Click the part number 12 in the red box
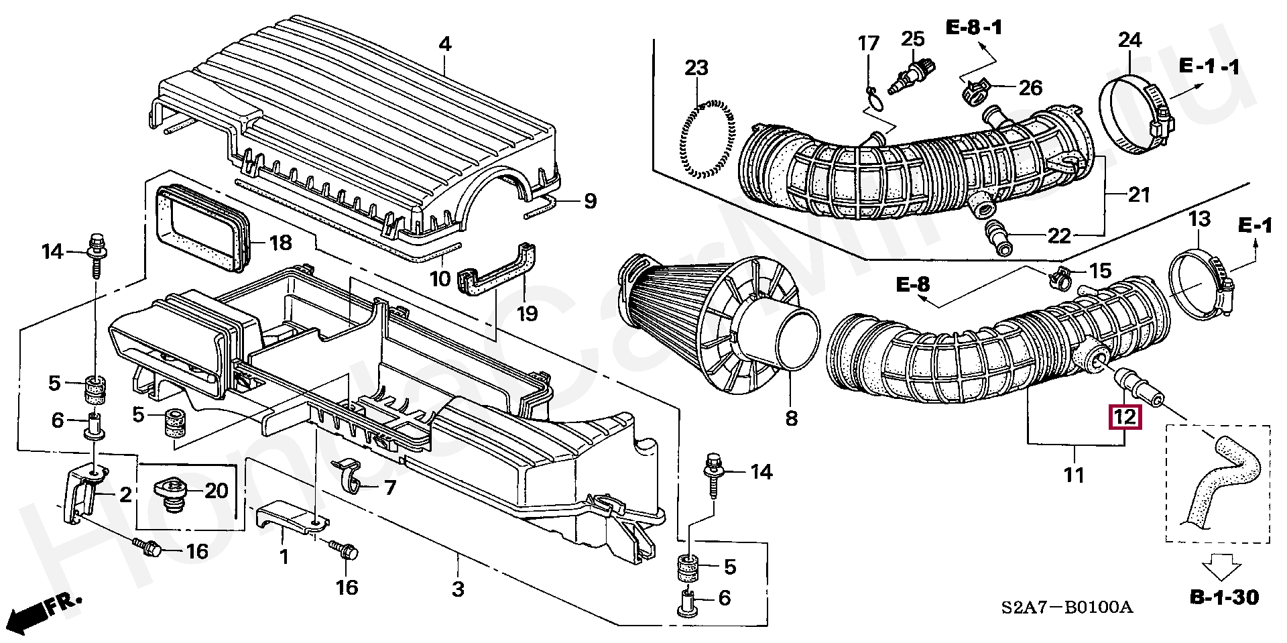click(x=1125, y=417)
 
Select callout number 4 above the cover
click(x=445, y=44)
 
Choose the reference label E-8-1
click(x=974, y=27)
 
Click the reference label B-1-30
click(x=1224, y=597)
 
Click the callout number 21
click(x=1139, y=195)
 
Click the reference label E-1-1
click(x=1209, y=66)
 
